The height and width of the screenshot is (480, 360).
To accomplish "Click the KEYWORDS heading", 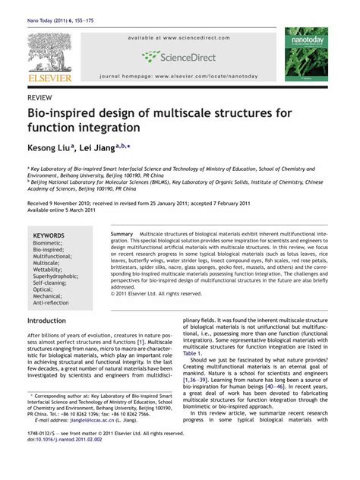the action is point(49,236).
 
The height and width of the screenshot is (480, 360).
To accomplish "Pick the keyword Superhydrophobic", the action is point(57,276).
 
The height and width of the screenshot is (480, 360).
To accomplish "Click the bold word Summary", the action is point(122,234).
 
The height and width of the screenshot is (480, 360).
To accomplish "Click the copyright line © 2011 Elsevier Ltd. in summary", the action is point(156,293).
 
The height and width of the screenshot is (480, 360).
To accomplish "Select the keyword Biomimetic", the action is point(49,245).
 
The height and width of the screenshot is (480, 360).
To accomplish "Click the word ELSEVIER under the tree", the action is point(49,77).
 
